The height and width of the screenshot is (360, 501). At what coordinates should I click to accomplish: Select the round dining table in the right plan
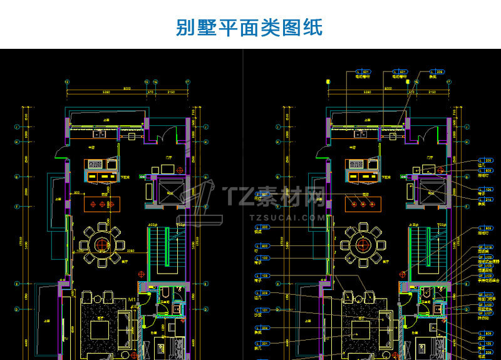361,241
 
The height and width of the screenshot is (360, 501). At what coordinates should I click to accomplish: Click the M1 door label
133,302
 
